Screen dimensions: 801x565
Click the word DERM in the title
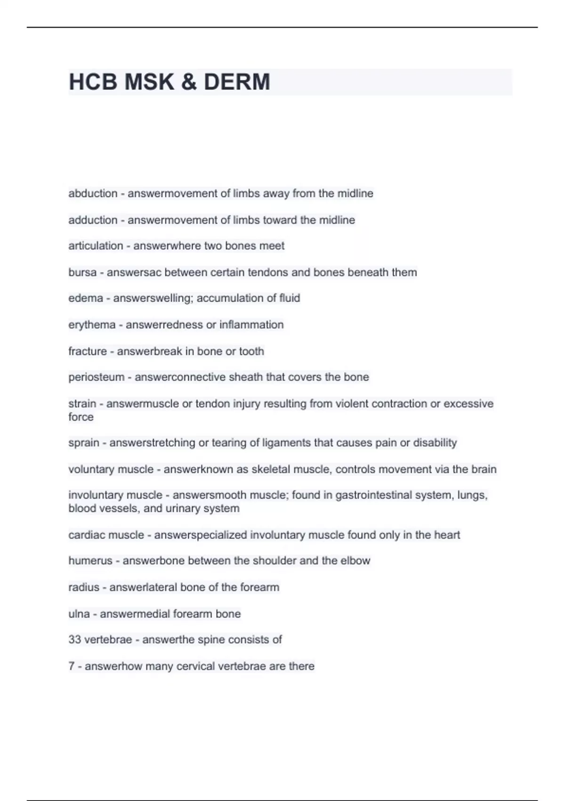[x=237, y=82]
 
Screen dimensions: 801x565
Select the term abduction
[x=93, y=194]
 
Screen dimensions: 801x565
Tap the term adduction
[x=93, y=220]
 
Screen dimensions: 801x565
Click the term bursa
[x=82, y=272]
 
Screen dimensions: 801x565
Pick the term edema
[x=86, y=298]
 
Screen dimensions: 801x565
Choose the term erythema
[x=92, y=325]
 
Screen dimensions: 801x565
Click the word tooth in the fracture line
[x=251, y=351]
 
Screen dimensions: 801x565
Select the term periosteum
[x=97, y=377]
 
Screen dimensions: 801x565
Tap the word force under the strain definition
[x=81, y=417]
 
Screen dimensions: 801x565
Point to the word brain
[x=484, y=469]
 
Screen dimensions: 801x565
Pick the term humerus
[x=90, y=561]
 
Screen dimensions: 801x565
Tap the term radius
[x=84, y=588]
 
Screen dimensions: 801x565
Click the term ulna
[x=79, y=614]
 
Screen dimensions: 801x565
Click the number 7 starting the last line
[x=72, y=666]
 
